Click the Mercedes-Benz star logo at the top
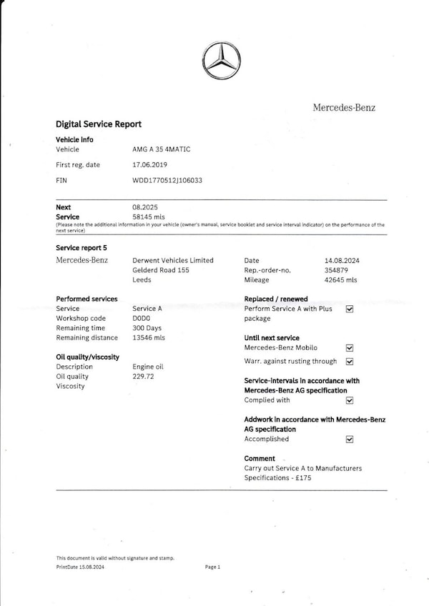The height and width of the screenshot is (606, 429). [221, 60]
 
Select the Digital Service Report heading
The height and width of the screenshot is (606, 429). [99, 124]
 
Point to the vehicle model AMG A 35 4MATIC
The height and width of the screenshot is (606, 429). [162, 149]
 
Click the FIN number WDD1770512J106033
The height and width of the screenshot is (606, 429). [167, 181]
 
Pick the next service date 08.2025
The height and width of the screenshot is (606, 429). [144, 207]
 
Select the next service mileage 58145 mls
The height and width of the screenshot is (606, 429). [149, 216]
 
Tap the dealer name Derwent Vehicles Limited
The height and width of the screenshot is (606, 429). [173, 261]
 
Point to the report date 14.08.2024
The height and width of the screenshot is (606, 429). [342, 261]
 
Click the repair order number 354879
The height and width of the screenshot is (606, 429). [336, 271]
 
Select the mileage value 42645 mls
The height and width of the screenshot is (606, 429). [340, 280]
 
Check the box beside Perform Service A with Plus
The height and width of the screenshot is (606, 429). [350, 309]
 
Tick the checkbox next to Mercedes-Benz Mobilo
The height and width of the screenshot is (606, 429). [350, 348]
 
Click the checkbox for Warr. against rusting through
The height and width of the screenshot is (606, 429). [350, 362]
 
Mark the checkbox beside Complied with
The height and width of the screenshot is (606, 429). [350, 401]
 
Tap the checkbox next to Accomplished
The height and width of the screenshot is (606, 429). [350, 439]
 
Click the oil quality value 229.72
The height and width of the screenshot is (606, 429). [143, 377]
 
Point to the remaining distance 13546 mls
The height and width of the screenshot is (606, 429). [149, 338]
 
